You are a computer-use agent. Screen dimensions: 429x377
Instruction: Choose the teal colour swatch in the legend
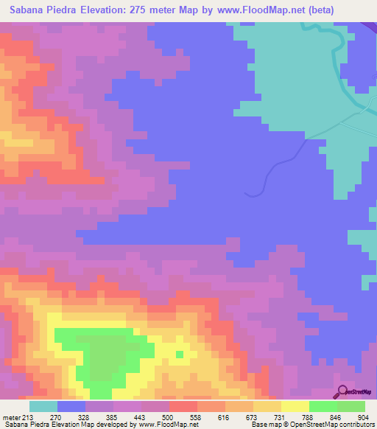point(43,406)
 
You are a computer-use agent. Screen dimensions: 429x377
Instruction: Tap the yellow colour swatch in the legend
point(295,406)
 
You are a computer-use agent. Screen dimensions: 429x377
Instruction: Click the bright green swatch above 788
point(323,406)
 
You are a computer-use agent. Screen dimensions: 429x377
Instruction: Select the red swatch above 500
point(183,406)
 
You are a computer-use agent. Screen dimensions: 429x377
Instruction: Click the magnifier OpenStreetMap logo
point(342,391)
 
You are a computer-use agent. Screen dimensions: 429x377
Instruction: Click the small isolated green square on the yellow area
point(179,355)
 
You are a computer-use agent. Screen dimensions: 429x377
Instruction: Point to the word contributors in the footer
point(355,425)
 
